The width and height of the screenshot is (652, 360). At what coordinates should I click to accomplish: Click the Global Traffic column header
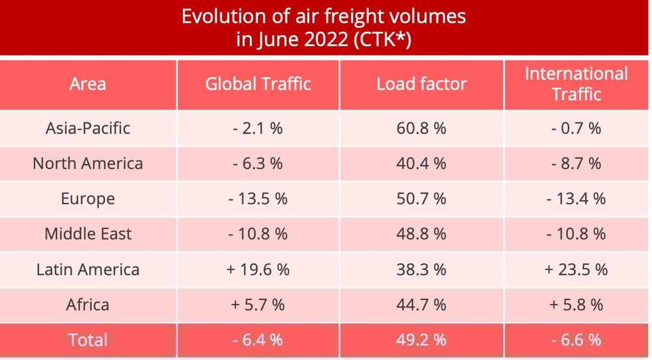click(x=258, y=84)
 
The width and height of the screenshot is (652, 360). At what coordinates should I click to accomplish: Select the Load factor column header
click(x=421, y=84)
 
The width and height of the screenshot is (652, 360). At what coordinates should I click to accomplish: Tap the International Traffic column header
click(x=577, y=84)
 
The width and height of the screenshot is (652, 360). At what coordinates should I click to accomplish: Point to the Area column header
click(x=88, y=84)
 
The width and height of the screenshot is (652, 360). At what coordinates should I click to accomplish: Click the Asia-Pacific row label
click(x=88, y=128)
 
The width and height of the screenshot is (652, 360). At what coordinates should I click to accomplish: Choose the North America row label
click(x=88, y=163)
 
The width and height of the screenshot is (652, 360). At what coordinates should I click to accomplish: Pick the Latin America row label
click(x=88, y=270)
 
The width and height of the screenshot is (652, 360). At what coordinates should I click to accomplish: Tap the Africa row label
click(x=88, y=304)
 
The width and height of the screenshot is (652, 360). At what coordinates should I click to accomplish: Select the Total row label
click(x=88, y=339)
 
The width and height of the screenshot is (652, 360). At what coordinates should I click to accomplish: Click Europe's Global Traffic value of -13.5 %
click(x=258, y=199)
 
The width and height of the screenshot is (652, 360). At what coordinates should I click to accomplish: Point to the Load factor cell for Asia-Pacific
click(x=421, y=128)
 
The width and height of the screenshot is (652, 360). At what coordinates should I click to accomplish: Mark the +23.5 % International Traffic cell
click(x=577, y=270)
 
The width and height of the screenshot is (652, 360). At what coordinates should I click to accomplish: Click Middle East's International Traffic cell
click(x=577, y=234)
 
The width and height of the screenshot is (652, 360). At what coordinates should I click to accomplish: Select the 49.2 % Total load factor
click(x=421, y=339)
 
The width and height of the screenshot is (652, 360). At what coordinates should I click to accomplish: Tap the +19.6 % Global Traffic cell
click(x=258, y=270)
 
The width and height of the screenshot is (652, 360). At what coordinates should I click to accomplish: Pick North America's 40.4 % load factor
click(x=421, y=163)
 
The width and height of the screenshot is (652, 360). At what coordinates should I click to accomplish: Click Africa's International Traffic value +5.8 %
click(x=577, y=304)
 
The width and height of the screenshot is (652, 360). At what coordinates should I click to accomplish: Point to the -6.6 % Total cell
click(x=577, y=339)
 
